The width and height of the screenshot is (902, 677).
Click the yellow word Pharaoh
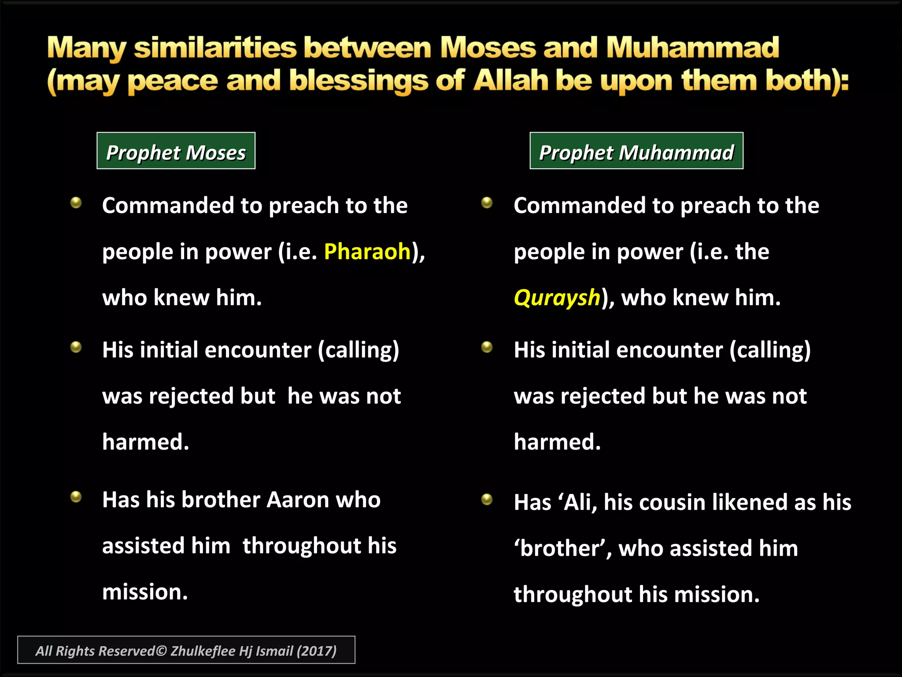[367, 252]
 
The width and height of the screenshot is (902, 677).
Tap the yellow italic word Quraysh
[557, 298]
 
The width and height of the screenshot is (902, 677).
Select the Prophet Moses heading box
[176, 151]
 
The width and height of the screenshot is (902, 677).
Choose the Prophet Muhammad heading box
[636, 151]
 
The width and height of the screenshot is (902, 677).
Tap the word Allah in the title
[510, 81]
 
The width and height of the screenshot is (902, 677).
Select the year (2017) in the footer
[316, 651]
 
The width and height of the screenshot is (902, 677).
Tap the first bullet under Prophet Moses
[76, 203]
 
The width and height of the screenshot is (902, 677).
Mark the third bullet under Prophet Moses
[76, 497]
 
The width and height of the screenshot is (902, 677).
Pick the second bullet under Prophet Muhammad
[487, 347]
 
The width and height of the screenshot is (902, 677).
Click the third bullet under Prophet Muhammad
[487, 499]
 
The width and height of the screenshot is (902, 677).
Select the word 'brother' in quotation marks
[559, 549]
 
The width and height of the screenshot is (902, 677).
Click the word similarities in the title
[215, 48]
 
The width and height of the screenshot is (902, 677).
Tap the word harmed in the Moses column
[145, 442]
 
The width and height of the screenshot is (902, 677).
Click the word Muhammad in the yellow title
[692, 48]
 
